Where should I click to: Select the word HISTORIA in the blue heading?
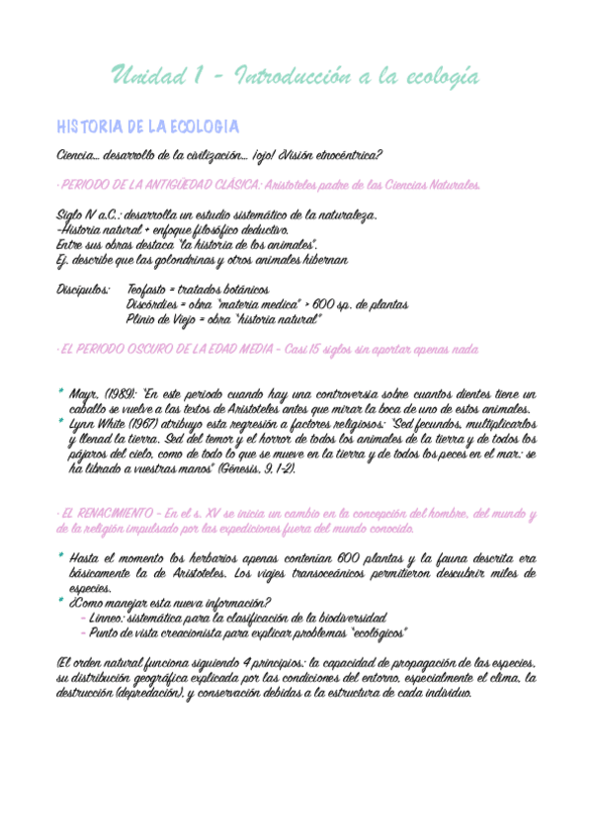click(x=86, y=127)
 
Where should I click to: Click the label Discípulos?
click(x=84, y=290)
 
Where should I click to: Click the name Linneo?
click(x=109, y=618)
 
